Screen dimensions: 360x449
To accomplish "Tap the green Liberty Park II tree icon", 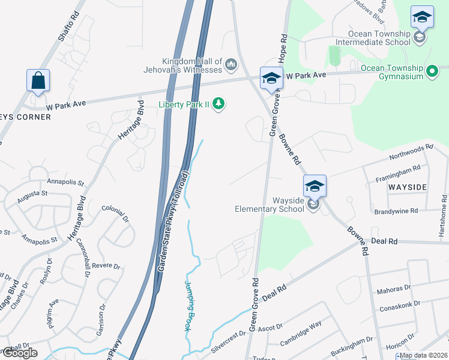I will [220, 104].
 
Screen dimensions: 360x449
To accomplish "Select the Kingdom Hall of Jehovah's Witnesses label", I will [192, 67].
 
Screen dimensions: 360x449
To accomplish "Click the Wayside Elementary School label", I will [271, 205].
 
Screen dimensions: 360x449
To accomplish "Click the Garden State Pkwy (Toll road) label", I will [174, 220].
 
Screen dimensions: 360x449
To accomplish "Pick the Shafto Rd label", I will [69, 26].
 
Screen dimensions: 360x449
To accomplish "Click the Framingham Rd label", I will [397, 172].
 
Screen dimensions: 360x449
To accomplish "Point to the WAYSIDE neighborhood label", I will [407, 187].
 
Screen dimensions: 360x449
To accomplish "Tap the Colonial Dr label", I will [116, 215].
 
